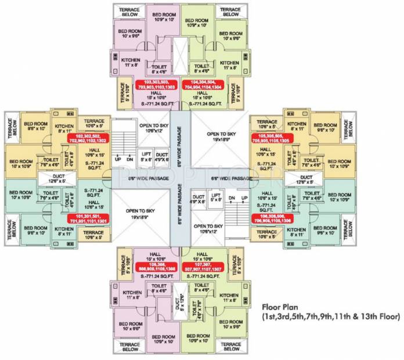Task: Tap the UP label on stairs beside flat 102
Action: pos(118,159)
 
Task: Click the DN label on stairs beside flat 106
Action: pos(230,199)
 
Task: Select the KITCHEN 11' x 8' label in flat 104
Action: pos(229,65)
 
